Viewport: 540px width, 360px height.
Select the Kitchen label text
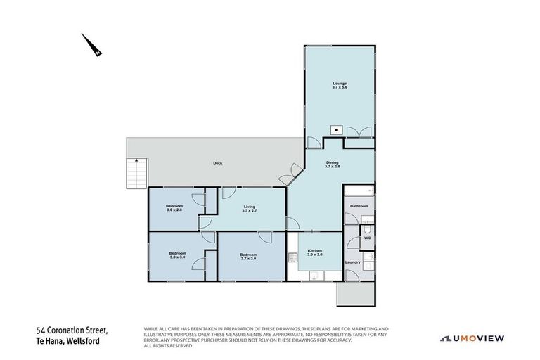coord(314,252)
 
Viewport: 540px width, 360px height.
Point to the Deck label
coord(218,164)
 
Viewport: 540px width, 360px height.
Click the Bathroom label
coord(359,206)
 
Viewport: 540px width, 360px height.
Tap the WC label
coord(366,238)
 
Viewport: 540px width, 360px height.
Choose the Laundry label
coord(353,262)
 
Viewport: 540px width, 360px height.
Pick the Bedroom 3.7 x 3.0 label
coord(248,256)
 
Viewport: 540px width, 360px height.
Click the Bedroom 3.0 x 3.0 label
coord(177,255)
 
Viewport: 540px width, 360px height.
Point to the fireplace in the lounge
coord(337,129)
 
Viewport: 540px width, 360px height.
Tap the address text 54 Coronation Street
coord(72,329)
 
